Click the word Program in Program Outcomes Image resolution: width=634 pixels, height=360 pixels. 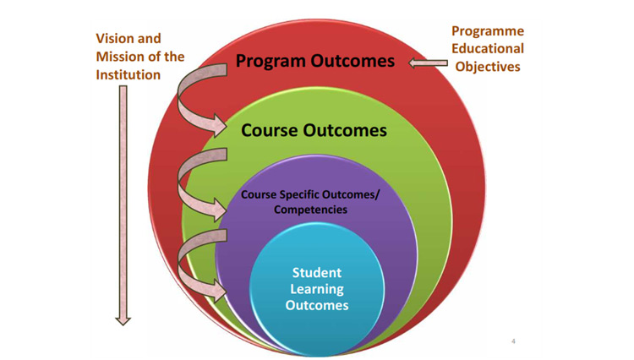pos(271,62)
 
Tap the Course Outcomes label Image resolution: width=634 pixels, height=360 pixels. pos(314,130)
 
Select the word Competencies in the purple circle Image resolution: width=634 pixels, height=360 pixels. pos(310,210)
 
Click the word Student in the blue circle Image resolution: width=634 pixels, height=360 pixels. pos(317,273)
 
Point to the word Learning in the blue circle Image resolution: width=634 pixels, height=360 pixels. pos(317,289)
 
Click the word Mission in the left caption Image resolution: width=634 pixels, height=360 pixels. pos(122,57)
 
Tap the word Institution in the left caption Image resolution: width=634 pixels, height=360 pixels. pos(128,74)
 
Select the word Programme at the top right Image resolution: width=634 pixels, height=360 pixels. pos(488,31)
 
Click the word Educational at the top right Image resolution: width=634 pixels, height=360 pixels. pos(488,48)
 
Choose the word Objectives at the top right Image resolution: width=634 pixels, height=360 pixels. pos(488,66)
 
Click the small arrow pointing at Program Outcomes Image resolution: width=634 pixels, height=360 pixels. pos(429,63)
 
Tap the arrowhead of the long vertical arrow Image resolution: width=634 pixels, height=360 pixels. pos(123,320)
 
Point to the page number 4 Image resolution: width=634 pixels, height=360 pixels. pos(513,341)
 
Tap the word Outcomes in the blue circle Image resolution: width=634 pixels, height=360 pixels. pos(317,305)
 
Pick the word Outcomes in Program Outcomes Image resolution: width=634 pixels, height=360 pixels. pos(353,61)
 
